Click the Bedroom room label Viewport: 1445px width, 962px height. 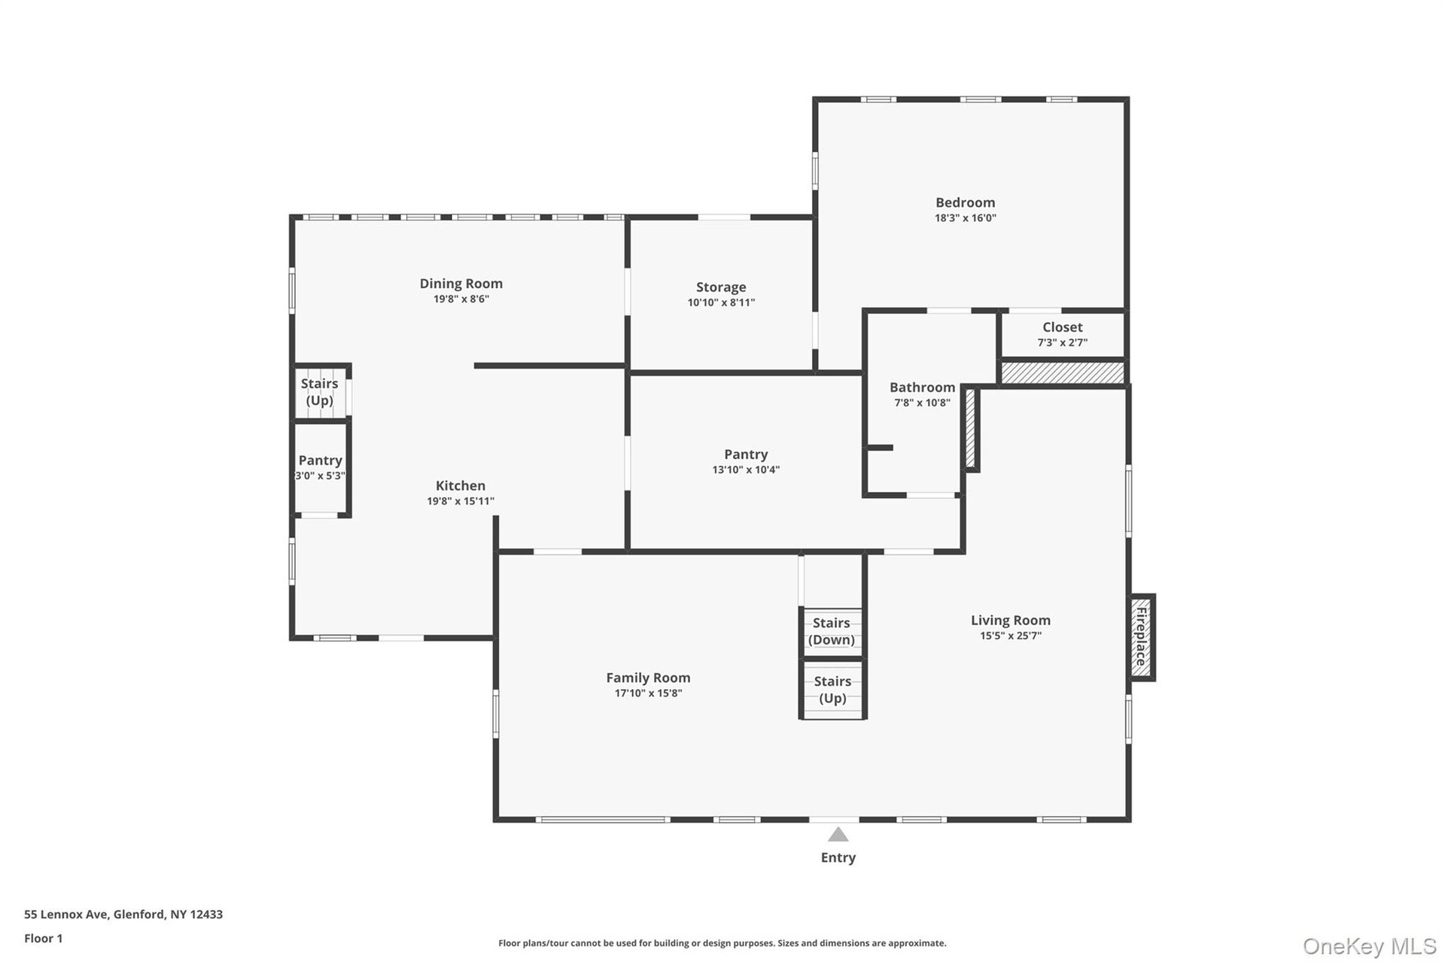click(965, 202)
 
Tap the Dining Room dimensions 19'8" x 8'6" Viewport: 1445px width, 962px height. click(461, 299)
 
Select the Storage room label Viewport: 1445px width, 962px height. click(721, 287)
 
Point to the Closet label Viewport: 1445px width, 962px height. click(1062, 327)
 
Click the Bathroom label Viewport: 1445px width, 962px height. click(922, 387)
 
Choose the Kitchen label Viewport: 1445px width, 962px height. click(461, 486)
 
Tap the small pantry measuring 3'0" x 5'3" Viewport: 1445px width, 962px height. click(321, 468)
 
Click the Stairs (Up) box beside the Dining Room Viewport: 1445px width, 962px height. click(321, 391)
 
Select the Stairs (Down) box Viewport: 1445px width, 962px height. click(832, 632)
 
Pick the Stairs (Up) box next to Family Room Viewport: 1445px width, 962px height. click(832, 690)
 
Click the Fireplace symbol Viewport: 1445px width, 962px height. click(1142, 637)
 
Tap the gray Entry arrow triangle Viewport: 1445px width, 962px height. click(838, 834)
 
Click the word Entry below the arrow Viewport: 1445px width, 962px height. click(838, 857)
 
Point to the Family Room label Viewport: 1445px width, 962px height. click(648, 678)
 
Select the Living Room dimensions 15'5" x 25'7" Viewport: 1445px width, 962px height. click(1010, 636)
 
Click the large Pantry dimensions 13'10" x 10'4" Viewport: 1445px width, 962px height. click(746, 470)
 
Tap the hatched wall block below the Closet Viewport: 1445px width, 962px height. click(1062, 372)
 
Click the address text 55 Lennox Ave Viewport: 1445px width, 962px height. click(67, 915)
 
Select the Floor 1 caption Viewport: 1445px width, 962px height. click(44, 939)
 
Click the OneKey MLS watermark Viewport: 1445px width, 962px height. click(1370, 946)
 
